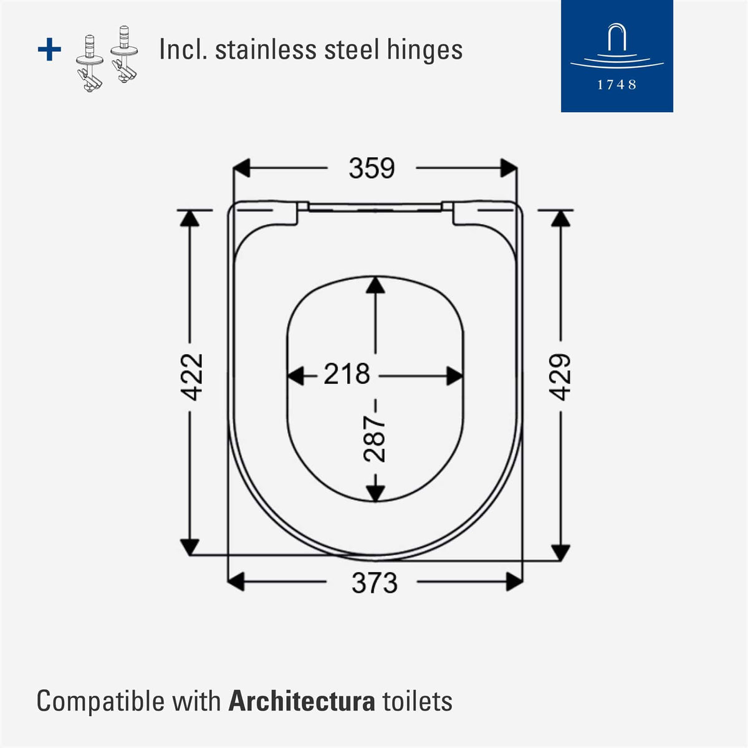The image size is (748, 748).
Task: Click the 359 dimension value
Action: pos(372,168)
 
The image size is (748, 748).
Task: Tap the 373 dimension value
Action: pos(375,583)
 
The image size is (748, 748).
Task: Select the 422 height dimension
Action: pos(192,376)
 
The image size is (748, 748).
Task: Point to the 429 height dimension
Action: pos(560,376)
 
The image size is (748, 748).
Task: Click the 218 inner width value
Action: pos(347,373)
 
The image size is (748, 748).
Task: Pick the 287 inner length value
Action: pos(374,439)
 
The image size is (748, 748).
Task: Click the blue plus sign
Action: pos(49,49)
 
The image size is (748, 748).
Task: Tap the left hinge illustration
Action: pos(90,62)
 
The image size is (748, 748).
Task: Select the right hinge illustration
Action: pos(124,54)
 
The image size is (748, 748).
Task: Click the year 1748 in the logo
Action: pos(616,85)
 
